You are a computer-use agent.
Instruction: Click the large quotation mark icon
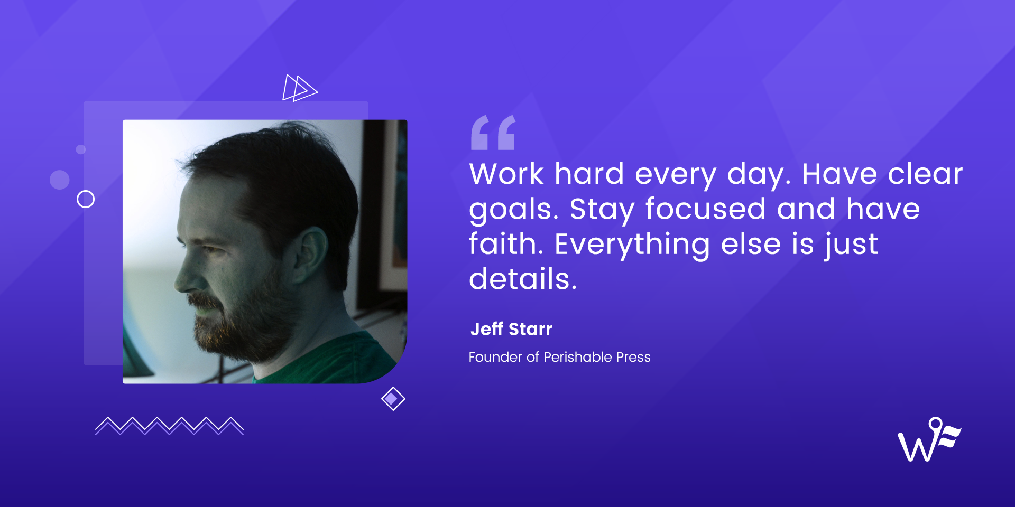click(493, 133)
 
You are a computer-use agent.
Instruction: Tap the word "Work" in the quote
click(506, 174)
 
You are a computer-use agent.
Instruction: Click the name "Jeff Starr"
click(511, 329)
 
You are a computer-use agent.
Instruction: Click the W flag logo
click(929, 439)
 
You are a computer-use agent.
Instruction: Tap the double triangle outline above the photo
click(300, 88)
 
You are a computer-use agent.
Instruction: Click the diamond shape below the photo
click(393, 399)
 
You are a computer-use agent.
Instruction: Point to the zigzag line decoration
click(169, 426)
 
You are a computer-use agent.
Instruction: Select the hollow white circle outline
click(86, 199)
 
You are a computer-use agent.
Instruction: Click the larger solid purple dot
click(60, 180)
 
